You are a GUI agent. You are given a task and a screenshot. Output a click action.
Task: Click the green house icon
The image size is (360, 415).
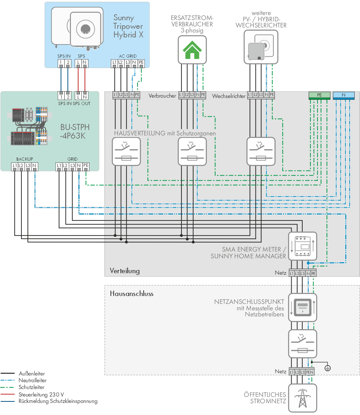point(192,50)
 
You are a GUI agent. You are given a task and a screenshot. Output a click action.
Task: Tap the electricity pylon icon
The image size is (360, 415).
point(303,398)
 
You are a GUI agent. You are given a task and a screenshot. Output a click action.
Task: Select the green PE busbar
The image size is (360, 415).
point(319,95)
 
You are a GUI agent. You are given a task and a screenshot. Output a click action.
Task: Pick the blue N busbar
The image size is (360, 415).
point(344,95)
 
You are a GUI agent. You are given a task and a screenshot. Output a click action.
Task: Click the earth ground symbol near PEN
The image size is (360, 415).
point(328,368)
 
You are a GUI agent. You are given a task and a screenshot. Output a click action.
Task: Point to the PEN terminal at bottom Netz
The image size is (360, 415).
point(310,372)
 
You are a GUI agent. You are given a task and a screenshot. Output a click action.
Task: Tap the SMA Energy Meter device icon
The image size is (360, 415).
point(303,246)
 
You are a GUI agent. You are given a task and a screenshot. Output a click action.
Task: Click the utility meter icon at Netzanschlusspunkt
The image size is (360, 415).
point(303,307)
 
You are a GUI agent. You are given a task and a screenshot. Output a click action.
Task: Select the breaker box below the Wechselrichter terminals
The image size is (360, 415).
point(261,151)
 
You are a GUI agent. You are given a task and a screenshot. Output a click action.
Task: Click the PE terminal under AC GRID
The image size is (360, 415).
point(141,63)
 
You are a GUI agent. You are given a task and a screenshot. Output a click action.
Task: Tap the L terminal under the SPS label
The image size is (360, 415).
point(78,63)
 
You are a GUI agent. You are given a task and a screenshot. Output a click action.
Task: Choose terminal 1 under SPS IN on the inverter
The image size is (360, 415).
point(61,63)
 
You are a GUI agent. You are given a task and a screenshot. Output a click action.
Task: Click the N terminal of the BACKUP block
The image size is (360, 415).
point(35,166)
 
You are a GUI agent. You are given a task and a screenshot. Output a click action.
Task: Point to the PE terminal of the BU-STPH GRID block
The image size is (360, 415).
point(86,166)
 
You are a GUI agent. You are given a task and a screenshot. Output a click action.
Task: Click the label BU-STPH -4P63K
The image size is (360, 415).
point(75,131)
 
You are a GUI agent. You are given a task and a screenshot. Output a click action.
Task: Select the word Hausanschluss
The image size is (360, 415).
point(132,294)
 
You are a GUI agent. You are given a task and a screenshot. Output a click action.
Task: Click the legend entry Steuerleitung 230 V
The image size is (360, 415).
point(41,395)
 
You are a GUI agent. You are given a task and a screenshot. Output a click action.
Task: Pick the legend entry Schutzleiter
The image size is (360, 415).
point(31,387)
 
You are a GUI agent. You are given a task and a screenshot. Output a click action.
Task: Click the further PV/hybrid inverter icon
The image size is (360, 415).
point(261,47)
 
